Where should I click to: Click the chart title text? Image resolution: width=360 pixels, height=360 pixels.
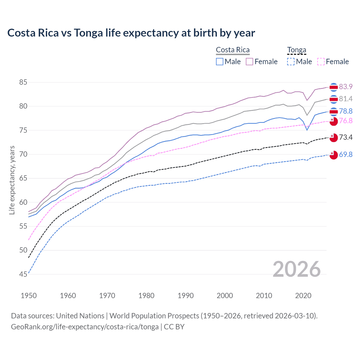coord(131,33)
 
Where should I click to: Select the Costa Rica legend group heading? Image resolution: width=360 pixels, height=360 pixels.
coord(233,50)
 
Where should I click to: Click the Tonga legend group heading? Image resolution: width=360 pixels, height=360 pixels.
coord(296,50)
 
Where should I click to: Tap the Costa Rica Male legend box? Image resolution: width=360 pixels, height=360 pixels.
coord(220,62)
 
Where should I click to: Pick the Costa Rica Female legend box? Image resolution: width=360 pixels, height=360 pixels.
coord(249,62)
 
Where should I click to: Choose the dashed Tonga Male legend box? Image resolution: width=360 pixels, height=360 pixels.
coord(291,62)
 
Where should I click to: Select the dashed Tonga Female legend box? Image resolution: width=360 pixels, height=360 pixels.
coord(321,62)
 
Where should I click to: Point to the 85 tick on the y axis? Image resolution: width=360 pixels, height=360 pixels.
coord(23,82)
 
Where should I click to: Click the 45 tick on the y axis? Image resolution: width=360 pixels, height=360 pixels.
coord(23,274)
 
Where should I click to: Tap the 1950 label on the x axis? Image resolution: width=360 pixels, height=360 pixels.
coord(29,296)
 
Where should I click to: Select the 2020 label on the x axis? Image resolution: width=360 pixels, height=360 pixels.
coord(303,296)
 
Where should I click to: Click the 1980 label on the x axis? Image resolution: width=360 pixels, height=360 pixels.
coord(146,296)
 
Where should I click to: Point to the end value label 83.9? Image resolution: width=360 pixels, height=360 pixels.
coord(346,87)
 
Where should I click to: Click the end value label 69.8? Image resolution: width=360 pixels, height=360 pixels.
coord(346,154)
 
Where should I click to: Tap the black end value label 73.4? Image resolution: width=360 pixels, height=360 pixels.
coord(346,137)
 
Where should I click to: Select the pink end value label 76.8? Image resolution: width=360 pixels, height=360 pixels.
coord(346,121)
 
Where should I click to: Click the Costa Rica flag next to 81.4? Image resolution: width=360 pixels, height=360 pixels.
coord(334,99)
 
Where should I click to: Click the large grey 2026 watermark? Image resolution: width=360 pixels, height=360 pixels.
coord(296,269)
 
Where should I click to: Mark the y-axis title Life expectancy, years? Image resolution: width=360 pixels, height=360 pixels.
coord(12,180)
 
